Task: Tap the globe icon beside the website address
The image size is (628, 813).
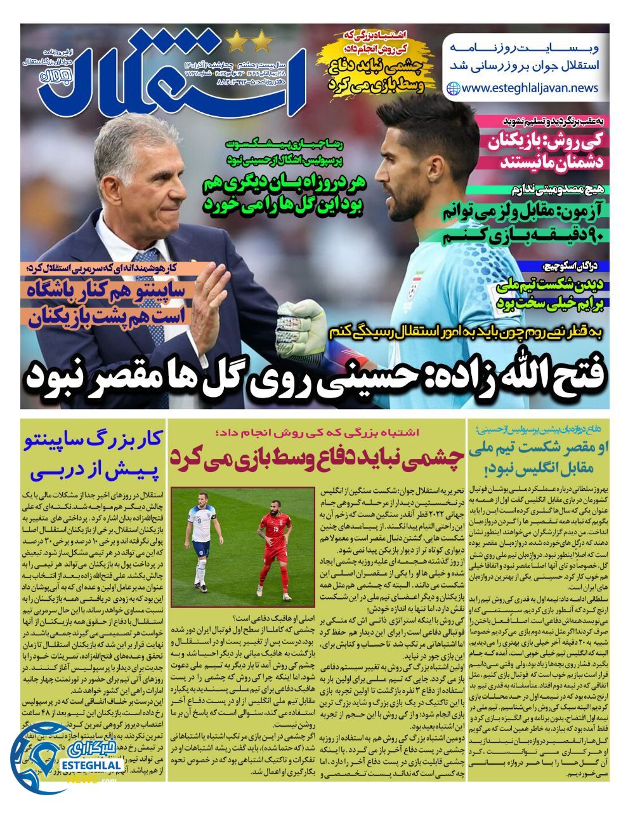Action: tap(454, 89)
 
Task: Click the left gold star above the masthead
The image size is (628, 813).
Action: tap(237, 43)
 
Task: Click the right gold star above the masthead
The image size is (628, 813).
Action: tap(261, 43)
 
